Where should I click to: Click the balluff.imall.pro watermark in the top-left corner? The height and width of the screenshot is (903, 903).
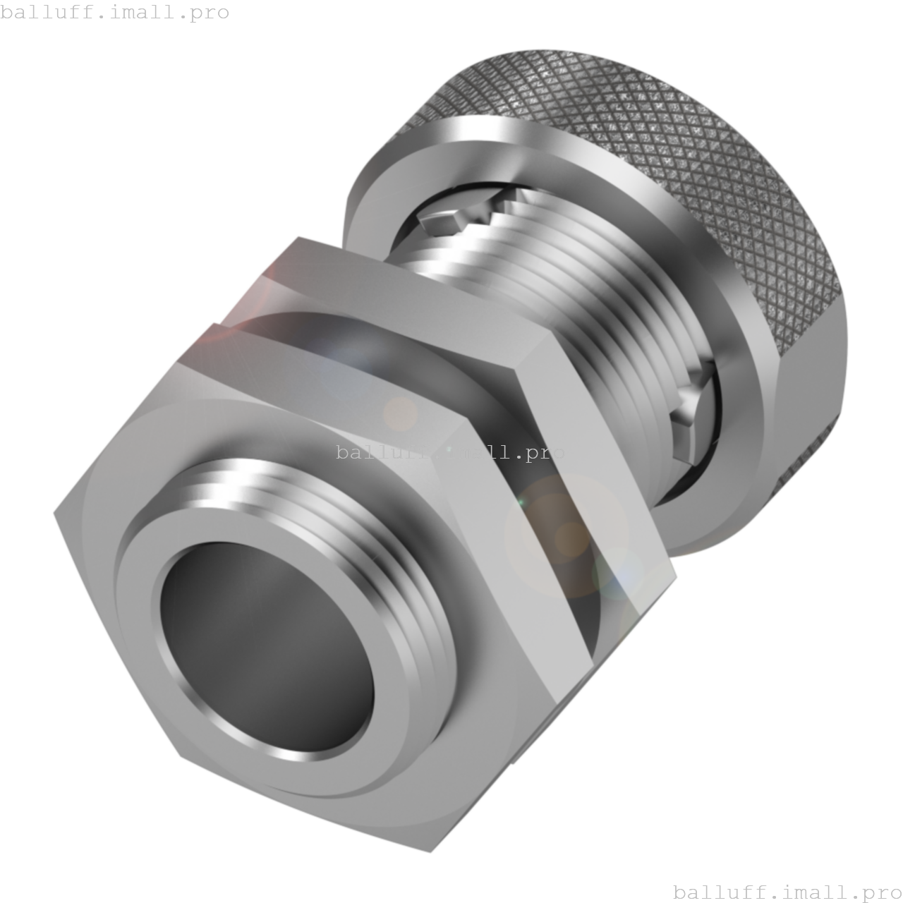114,12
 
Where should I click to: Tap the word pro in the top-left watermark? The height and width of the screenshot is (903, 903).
211,13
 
